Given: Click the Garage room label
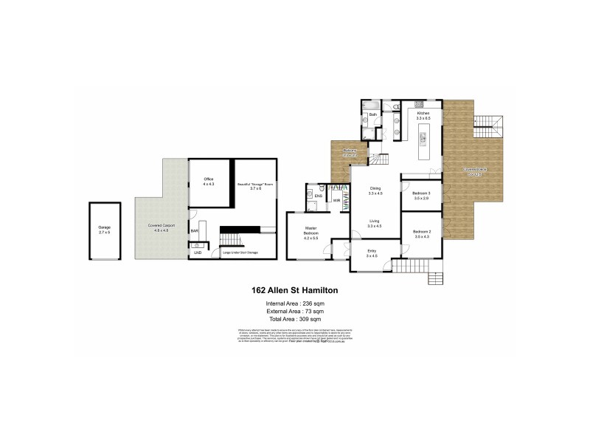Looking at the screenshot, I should (103, 230).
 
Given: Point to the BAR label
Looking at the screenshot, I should (195, 231).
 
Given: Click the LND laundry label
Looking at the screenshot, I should (197, 253).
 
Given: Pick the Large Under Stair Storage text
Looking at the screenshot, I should (240, 253).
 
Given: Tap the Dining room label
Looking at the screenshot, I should (375, 191).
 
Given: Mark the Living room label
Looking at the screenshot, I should (375, 222).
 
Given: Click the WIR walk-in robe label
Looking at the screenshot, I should (337, 200).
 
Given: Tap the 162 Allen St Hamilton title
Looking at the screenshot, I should (294, 292).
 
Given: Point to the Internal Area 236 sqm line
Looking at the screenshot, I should (294, 304).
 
